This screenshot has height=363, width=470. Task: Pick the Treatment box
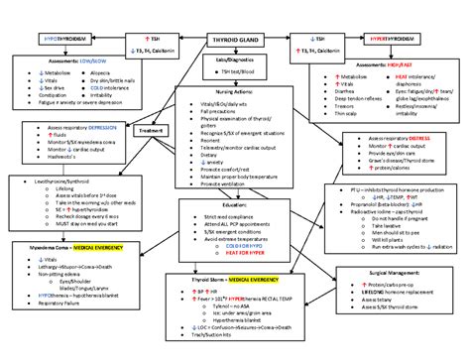click(x=151, y=130)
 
